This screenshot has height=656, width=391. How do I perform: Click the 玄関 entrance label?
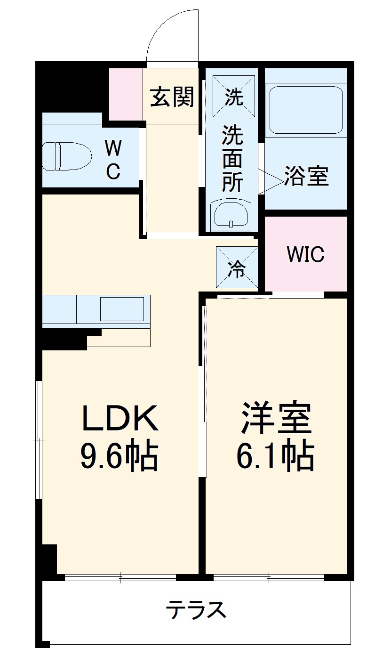(x=172, y=97)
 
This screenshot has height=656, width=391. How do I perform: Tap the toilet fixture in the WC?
(x=67, y=156)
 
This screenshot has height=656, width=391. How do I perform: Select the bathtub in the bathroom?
(x=306, y=110)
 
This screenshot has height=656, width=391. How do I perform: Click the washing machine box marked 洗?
(x=234, y=97)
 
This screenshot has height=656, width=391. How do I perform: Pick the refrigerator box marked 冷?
(x=237, y=267)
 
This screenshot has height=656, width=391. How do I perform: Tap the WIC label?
(x=305, y=254)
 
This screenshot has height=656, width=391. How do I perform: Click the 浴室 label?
(x=306, y=176)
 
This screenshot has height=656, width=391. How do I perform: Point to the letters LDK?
(x=120, y=418)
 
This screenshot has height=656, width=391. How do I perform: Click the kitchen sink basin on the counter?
(x=122, y=309)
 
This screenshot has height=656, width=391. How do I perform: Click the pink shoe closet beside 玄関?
(x=126, y=94)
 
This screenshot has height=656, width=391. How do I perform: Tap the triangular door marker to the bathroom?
(x=271, y=181)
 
